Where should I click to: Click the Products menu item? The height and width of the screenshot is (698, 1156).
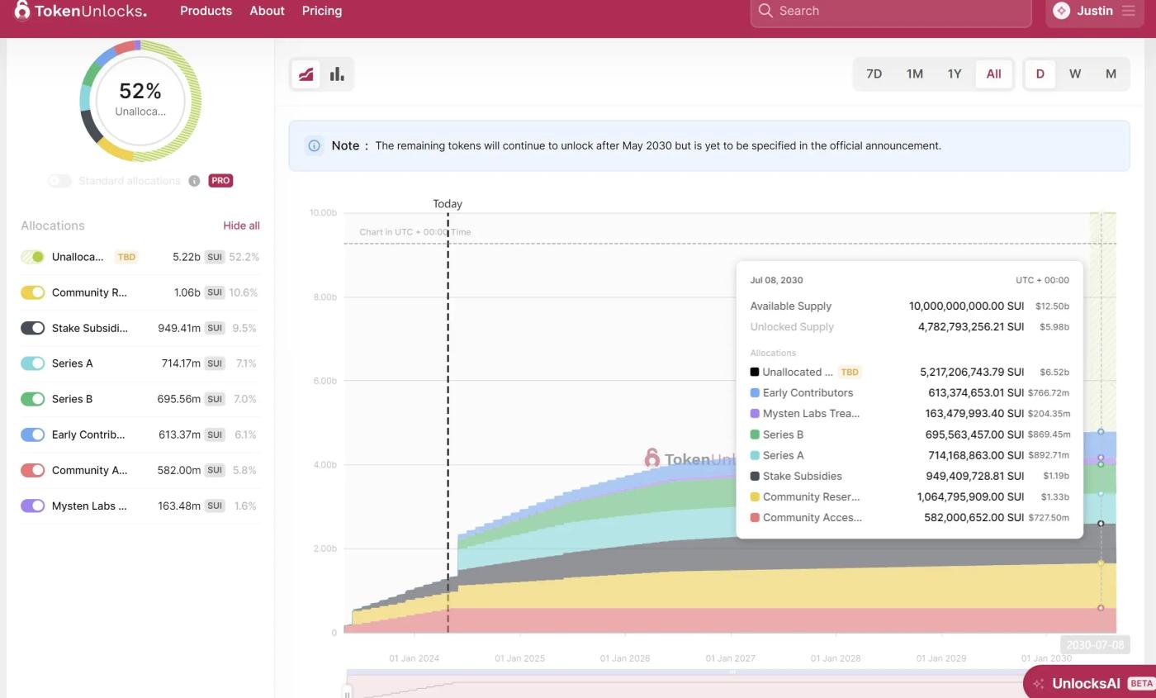pyautogui.click(x=206, y=11)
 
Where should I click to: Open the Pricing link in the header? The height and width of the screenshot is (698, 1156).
pyautogui.click(x=322, y=11)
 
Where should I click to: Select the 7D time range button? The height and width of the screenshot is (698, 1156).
pyautogui.click(x=874, y=74)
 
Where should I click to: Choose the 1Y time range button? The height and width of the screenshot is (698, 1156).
pyautogui.click(x=955, y=74)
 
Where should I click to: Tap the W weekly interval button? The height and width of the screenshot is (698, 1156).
pyautogui.click(x=1075, y=74)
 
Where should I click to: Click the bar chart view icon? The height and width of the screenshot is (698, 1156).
pyautogui.click(x=337, y=74)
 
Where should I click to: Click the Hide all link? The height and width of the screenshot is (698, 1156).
pyautogui.click(x=241, y=226)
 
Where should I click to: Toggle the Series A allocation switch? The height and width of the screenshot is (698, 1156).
pyautogui.click(x=33, y=363)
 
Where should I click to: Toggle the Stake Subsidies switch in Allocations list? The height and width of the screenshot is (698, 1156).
pyautogui.click(x=33, y=328)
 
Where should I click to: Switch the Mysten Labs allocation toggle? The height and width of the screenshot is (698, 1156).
pyautogui.click(x=33, y=506)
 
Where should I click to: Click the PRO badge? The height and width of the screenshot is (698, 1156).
pyautogui.click(x=220, y=180)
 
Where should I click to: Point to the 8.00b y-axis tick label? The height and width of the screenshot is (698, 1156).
pyautogui.click(x=323, y=297)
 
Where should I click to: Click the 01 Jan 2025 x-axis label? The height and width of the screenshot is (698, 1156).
pyautogui.click(x=519, y=658)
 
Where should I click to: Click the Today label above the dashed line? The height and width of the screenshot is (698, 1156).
pyautogui.click(x=448, y=203)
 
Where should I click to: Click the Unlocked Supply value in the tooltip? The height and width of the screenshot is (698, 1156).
pyautogui.click(x=971, y=326)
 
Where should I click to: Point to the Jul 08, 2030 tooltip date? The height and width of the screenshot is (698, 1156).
pyautogui.click(x=776, y=280)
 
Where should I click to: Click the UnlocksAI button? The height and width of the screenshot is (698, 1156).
pyautogui.click(x=1086, y=683)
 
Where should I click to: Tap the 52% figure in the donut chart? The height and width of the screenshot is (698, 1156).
pyautogui.click(x=140, y=91)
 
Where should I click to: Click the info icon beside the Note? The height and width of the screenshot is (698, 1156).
pyautogui.click(x=314, y=145)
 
